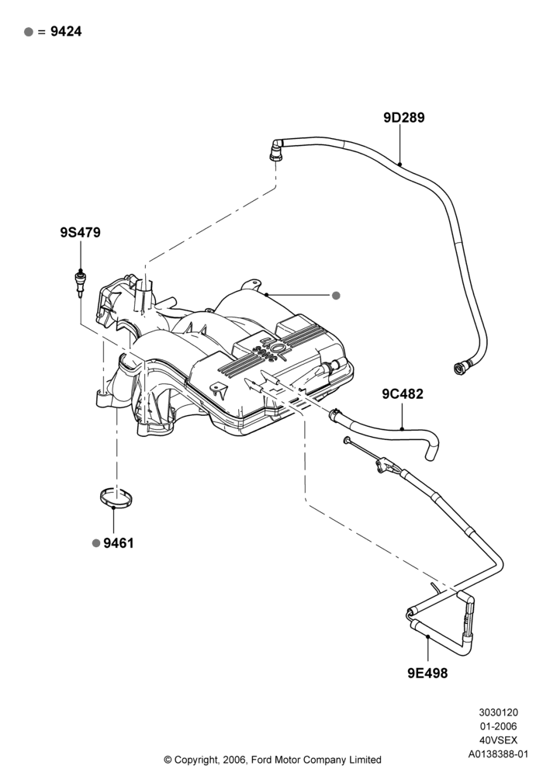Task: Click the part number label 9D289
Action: click(403, 118)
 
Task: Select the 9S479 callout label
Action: click(80, 232)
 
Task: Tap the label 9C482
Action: click(403, 394)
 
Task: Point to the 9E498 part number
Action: click(427, 673)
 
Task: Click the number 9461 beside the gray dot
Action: click(119, 543)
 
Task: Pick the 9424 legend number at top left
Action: click(66, 32)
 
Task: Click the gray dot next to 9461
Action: click(96, 543)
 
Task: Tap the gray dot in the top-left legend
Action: click(29, 32)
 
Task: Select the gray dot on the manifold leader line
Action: click(336, 296)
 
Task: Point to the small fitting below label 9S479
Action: click(80, 282)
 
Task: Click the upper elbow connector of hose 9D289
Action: click(275, 150)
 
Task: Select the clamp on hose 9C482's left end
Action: click(335, 414)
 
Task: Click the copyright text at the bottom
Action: click(272, 759)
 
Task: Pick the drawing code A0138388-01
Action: click(499, 754)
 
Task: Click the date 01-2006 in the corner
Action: click(499, 726)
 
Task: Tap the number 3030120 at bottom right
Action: click(499, 712)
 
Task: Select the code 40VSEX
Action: click(499, 740)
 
